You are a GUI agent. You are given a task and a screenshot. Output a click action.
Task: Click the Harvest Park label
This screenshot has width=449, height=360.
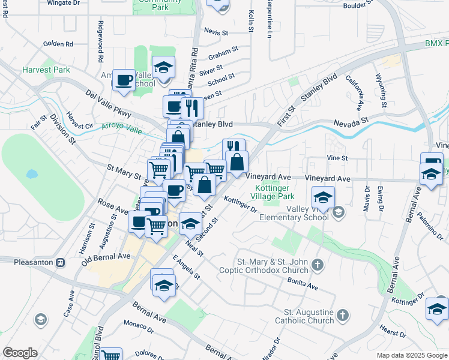[x=46, y=70]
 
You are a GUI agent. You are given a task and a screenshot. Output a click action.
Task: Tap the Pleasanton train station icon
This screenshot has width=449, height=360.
[x=60, y=263]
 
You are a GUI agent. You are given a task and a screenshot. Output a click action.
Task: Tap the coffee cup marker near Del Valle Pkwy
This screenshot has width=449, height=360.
[x=125, y=80]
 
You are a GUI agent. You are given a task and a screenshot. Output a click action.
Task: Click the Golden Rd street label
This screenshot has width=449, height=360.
[x=58, y=44]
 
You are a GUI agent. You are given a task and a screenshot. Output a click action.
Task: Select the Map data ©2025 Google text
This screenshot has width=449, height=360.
[x=412, y=355]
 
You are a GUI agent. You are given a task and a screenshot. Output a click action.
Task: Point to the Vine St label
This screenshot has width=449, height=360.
[x=337, y=158]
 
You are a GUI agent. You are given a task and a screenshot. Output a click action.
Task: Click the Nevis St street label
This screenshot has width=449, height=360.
[x=216, y=32]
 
